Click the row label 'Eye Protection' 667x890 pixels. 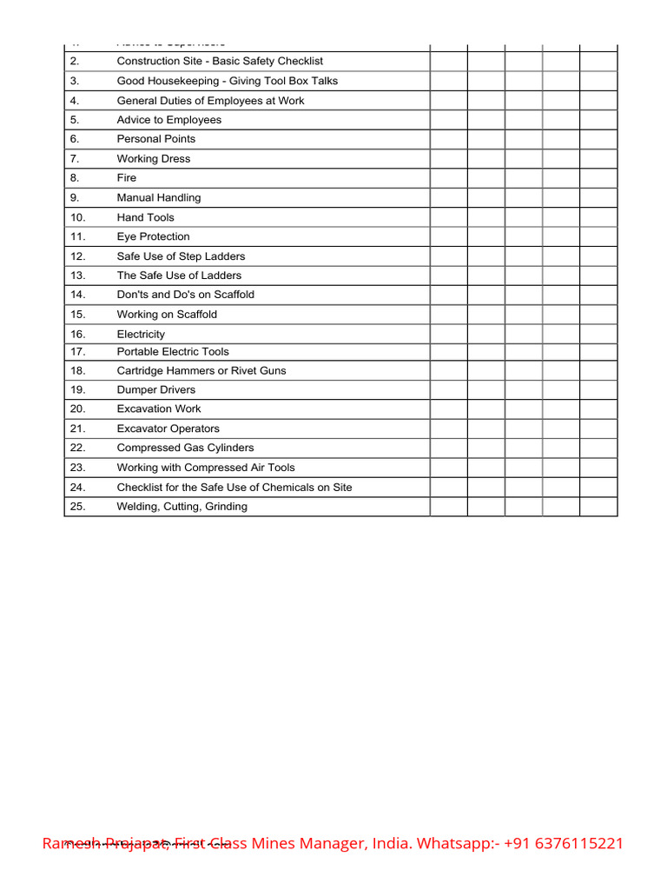(x=153, y=236)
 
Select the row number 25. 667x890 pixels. (x=78, y=507)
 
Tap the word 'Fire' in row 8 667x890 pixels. (x=127, y=178)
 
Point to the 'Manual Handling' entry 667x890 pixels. (x=159, y=198)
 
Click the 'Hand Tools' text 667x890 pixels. (x=145, y=217)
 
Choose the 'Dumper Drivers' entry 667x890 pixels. (x=156, y=390)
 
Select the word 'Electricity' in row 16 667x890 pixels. (x=141, y=335)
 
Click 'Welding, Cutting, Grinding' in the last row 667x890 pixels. (x=182, y=507)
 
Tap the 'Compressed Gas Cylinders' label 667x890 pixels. (x=186, y=448)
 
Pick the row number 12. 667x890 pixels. (x=78, y=256)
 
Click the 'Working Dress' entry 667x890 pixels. (x=154, y=159)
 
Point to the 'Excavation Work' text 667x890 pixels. (x=159, y=409)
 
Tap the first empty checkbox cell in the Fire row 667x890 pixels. (x=448, y=178)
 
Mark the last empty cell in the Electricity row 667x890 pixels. (x=598, y=335)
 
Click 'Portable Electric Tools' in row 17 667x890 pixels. (x=173, y=352)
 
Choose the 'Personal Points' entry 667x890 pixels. (x=156, y=139)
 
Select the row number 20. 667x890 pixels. (x=78, y=409)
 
